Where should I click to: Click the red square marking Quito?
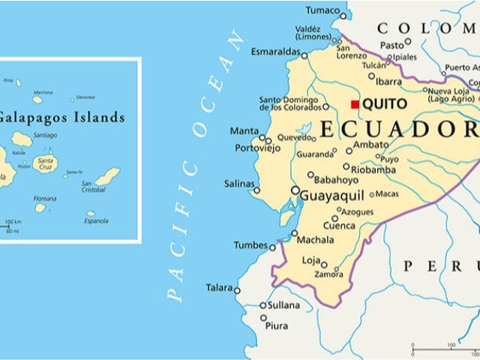point(355,104)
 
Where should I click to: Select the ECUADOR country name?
point(397,130)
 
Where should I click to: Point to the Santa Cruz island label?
point(46,163)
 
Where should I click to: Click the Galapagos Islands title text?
point(60,117)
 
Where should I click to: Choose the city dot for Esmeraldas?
point(304,55)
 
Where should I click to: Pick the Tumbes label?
point(250,245)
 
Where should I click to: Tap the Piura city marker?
point(264,318)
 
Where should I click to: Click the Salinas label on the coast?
point(239,184)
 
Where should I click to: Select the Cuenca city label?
point(339,226)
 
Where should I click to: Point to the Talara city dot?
point(237,290)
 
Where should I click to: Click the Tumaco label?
point(323,10)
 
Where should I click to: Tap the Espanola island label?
point(96,221)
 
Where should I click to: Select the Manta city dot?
point(262,137)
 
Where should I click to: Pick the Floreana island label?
point(44,199)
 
